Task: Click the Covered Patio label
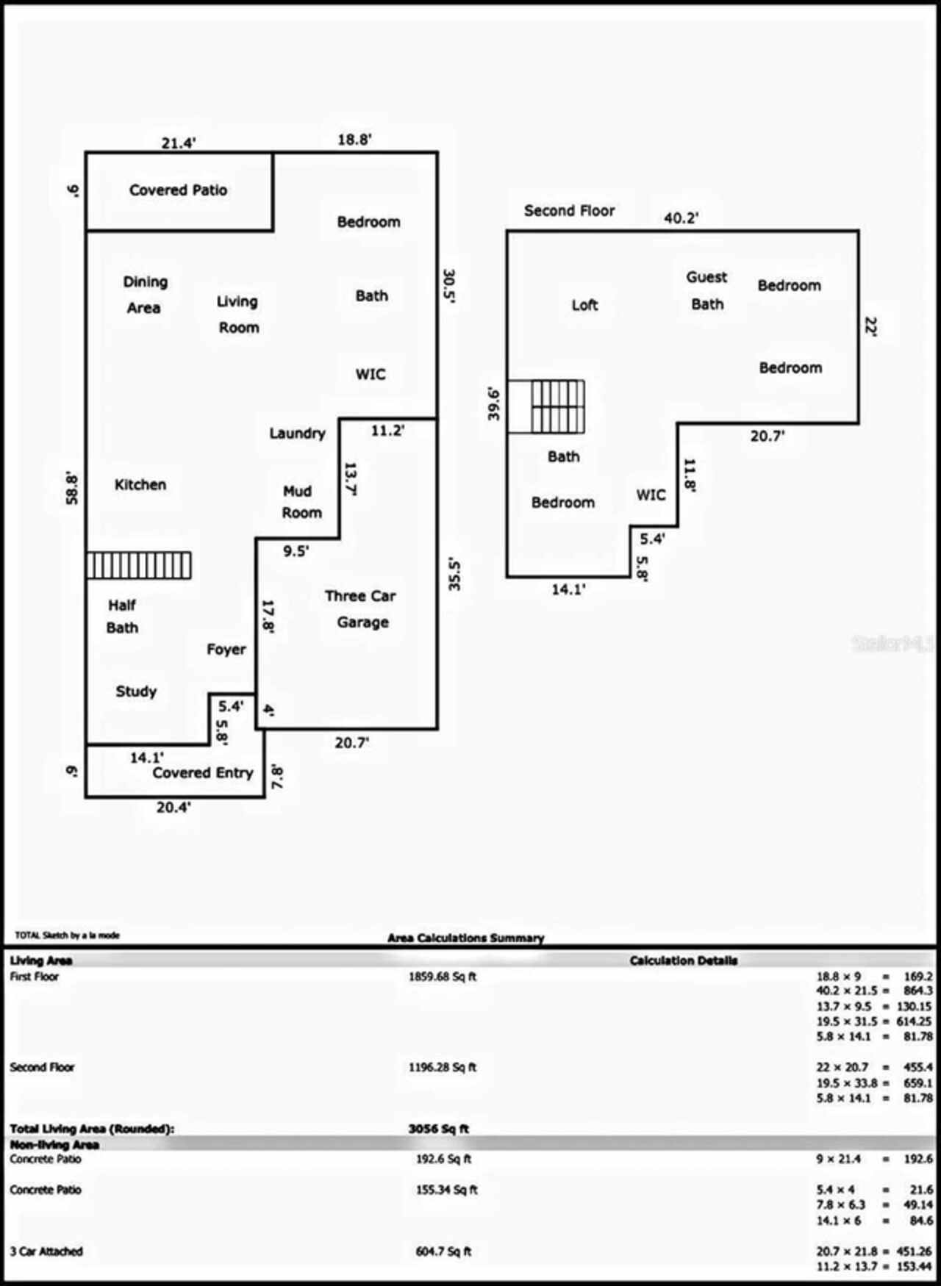click(178, 190)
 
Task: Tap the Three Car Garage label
click(361, 609)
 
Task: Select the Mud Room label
click(301, 502)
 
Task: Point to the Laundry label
click(297, 434)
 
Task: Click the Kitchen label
click(140, 485)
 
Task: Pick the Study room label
click(136, 692)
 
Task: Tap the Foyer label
click(226, 650)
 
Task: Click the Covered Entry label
click(202, 773)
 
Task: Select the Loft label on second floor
click(584, 305)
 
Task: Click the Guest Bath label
click(706, 291)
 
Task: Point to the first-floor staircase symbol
click(139, 566)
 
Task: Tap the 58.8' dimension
click(72, 487)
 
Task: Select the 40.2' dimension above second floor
click(681, 218)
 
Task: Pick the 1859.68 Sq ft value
click(443, 977)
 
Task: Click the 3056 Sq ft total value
click(438, 1129)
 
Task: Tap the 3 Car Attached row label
click(46, 1251)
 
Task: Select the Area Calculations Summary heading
click(465, 938)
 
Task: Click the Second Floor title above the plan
click(569, 211)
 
